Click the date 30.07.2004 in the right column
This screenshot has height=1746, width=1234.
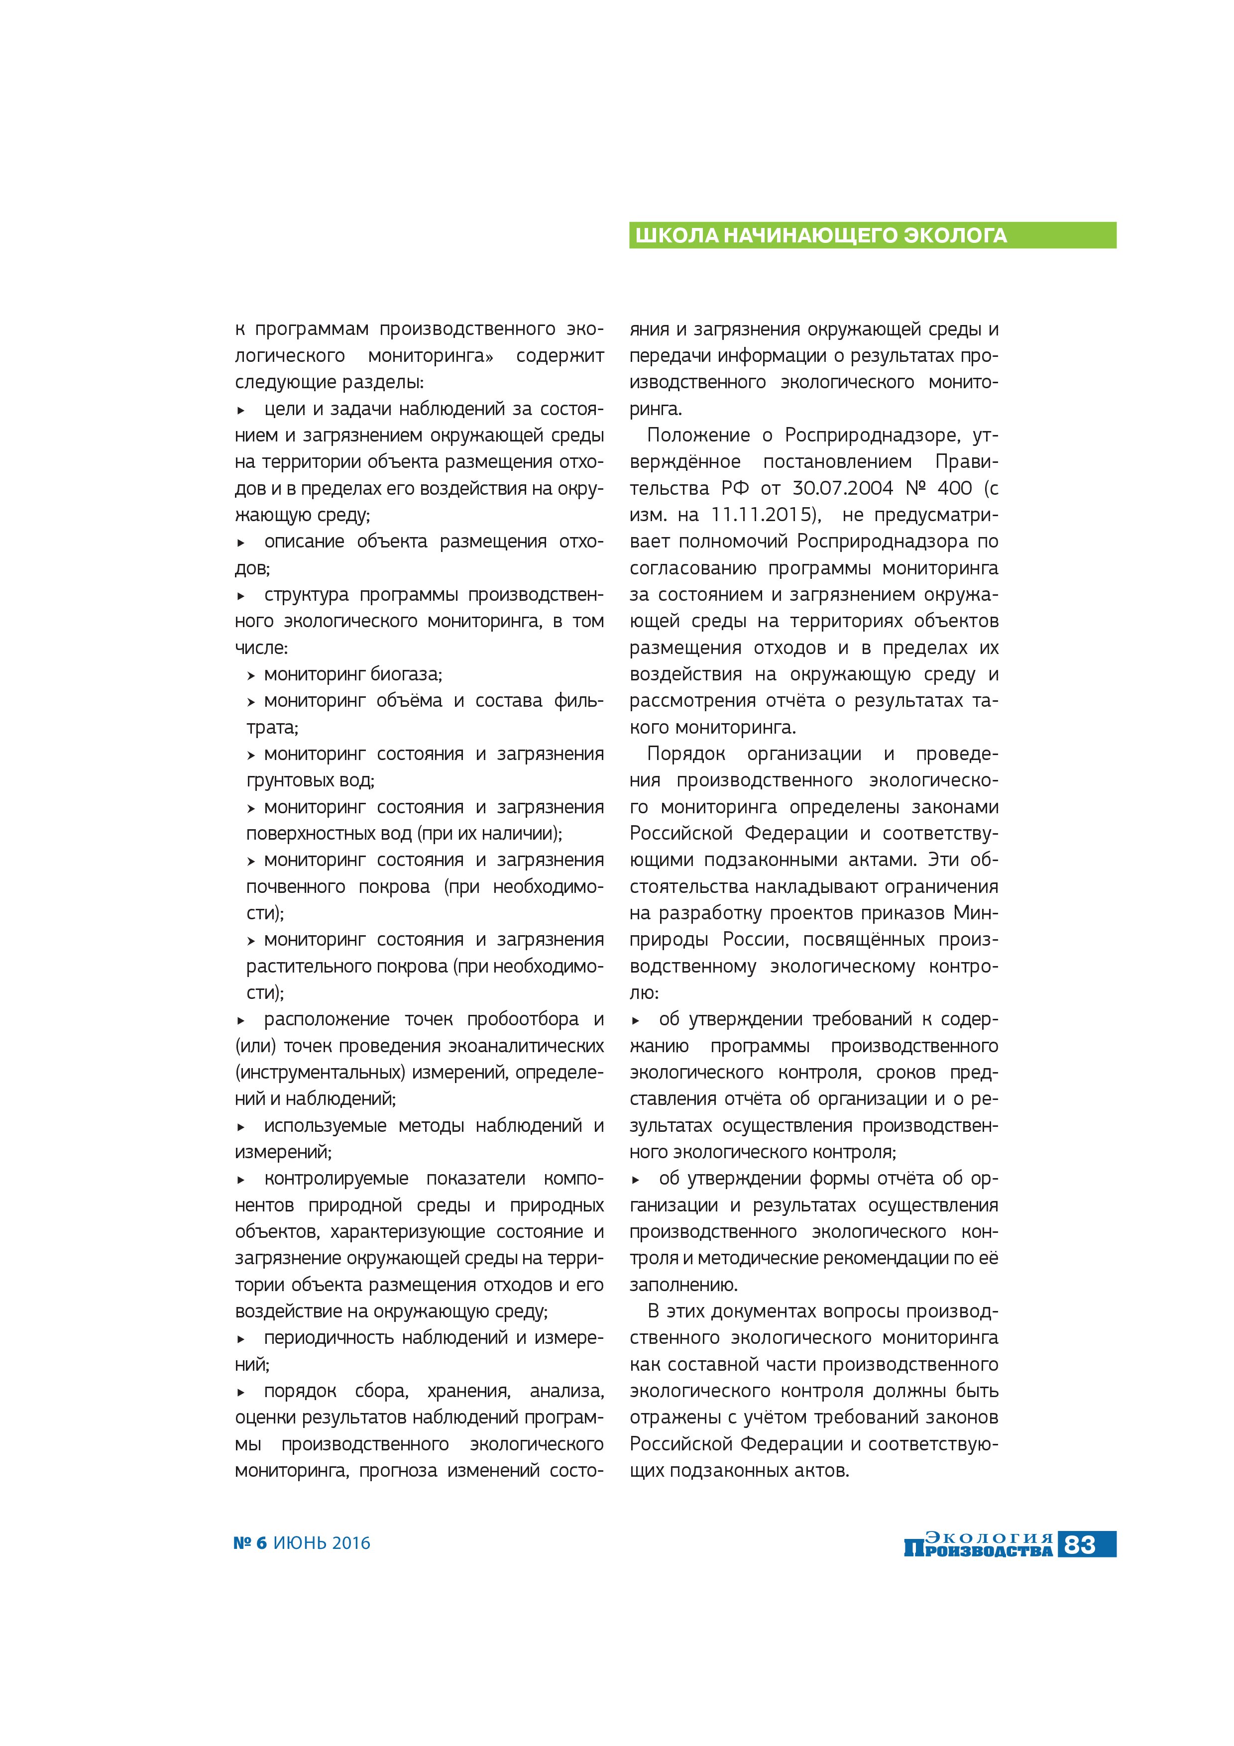[x=842, y=488]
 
